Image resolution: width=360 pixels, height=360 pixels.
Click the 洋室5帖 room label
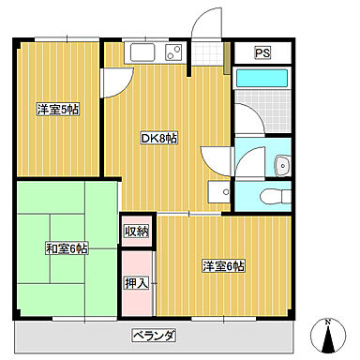(x=57, y=110)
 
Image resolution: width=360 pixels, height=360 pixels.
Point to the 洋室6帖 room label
(x=223, y=266)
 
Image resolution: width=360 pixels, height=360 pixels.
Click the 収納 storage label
(x=136, y=231)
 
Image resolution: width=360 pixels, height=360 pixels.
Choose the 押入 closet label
(x=136, y=281)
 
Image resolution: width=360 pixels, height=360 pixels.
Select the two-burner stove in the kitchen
(x=174, y=51)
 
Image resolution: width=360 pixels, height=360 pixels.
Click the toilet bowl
(x=272, y=198)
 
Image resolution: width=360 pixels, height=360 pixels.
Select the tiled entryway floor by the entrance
(x=210, y=53)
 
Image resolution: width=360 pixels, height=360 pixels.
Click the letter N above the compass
(x=327, y=322)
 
